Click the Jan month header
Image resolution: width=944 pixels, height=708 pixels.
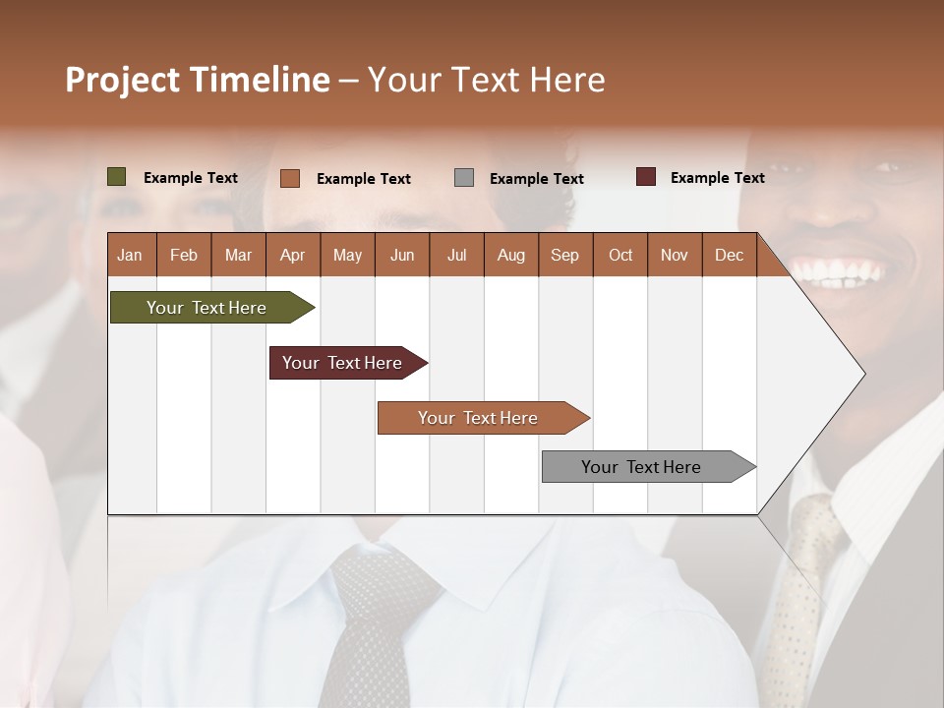pyautogui.click(x=130, y=255)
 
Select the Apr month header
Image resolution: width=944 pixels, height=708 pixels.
pyautogui.click(x=292, y=255)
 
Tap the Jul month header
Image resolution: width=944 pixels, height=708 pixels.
pyautogui.click(x=456, y=255)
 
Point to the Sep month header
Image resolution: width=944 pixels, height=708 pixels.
pyautogui.click(x=564, y=255)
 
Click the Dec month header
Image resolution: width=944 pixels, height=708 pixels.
pyautogui.click(x=729, y=255)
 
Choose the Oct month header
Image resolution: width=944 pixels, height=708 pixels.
pyautogui.click(x=620, y=255)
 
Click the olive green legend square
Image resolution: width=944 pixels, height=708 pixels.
pyautogui.click(x=116, y=177)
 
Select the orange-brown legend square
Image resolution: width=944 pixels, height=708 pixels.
pyautogui.click(x=289, y=178)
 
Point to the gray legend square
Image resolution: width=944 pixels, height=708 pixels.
pyautogui.click(x=464, y=178)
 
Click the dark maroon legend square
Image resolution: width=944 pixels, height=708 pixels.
pyautogui.click(x=645, y=177)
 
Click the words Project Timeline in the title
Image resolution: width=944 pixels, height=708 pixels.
pyautogui.click(x=197, y=80)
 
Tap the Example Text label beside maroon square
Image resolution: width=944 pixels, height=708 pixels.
pyautogui.click(x=717, y=178)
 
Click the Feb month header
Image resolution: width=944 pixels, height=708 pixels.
pyautogui.click(x=184, y=255)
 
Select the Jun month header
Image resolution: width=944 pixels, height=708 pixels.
pyautogui.click(x=402, y=255)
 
